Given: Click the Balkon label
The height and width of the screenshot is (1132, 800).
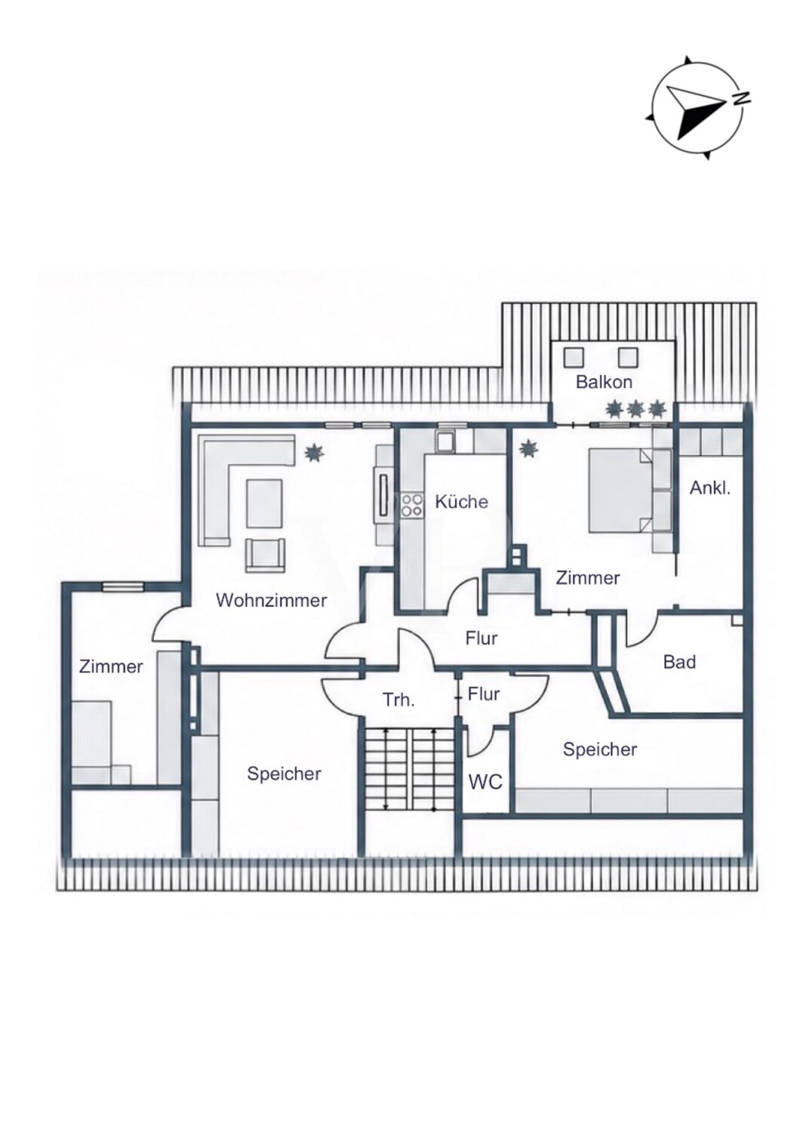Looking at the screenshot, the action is (x=604, y=382).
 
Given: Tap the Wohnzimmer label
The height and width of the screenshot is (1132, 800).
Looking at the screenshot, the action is (x=272, y=601).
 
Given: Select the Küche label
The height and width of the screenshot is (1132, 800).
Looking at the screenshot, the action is (x=461, y=502).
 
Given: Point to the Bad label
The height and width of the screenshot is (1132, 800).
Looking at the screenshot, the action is (x=680, y=662).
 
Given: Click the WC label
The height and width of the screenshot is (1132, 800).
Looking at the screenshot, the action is (x=485, y=783).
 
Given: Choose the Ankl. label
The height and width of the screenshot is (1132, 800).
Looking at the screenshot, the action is (x=710, y=489).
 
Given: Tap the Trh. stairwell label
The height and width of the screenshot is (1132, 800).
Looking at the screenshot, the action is (x=398, y=701).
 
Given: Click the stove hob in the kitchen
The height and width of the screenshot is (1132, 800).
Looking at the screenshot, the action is (x=412, y=505).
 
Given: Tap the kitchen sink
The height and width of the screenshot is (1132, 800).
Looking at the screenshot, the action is (x=446, y=442).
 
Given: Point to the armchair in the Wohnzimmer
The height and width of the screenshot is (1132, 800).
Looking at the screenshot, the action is (x=266, y=555).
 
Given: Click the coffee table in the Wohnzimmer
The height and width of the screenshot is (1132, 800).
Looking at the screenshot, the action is (x=264, y=503).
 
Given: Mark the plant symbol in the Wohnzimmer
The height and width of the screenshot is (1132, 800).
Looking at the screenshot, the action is (x=315, y=452).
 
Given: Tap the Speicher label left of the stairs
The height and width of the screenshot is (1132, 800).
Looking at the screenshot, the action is (x=284, y=774).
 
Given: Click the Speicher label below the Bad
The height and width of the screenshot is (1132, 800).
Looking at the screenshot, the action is (x=600, y=749).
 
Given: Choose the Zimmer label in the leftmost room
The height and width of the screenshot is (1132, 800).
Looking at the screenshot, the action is (x=111, y=666).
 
